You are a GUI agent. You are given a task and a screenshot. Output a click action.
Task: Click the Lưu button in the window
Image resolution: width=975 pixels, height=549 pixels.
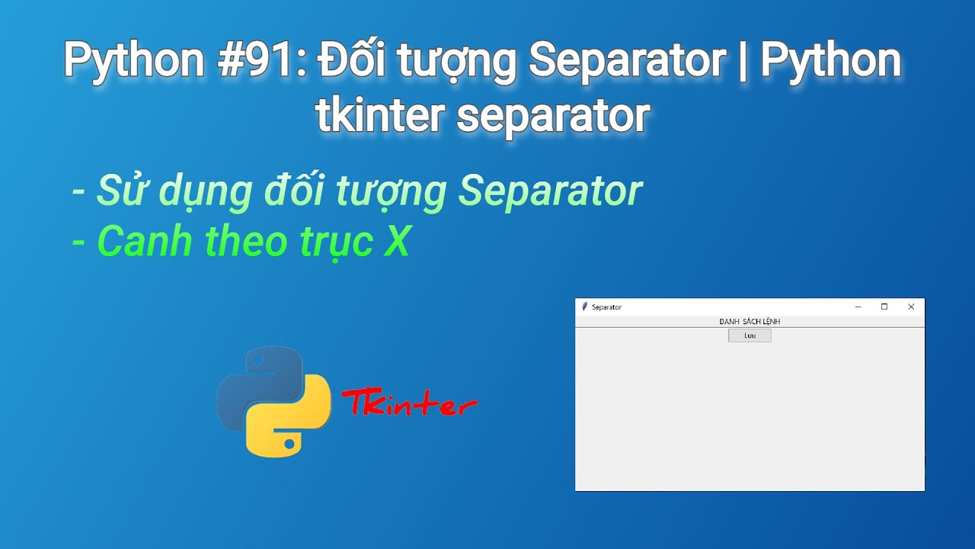pyautogui.click(x=750, y=335)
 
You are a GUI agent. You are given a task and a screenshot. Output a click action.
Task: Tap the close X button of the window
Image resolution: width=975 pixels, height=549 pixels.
pyautogui.click(x=911, y=307)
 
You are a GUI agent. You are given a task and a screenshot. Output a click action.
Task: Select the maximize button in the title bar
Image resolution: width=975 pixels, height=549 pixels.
pyautogui.click(x=884, y=307)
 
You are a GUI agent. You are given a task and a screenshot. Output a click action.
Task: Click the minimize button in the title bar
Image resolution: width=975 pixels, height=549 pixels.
pyautogui.click(x=858, y=307)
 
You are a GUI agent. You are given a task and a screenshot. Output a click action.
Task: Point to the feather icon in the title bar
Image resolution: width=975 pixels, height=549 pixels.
pyautogui.click(x=584, y=307)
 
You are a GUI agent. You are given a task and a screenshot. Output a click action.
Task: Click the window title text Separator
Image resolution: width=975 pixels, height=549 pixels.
pyautogui.click(x=606, y=307)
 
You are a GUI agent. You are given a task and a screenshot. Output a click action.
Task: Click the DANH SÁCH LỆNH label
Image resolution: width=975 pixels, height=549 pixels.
pyautogui.click(x=750, y=322)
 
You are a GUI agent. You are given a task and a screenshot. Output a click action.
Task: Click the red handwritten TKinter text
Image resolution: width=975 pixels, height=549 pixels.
pyautogui.click(x=409, y=403)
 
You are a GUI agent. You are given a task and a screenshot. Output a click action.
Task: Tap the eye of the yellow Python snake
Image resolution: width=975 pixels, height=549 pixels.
pyautogui.click(x=289, y=445)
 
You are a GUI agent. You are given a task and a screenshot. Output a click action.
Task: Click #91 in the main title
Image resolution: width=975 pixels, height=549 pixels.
pyautogui.click(x=255, y=59)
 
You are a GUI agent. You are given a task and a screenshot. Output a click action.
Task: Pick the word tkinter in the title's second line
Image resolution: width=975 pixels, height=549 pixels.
pyautogui.click(x=380, y=114)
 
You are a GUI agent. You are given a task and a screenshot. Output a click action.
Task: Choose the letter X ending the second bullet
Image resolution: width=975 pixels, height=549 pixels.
pyautogui.click(x=395, y=241)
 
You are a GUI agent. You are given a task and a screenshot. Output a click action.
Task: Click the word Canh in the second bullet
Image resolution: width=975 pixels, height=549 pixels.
pyautogui.click(x=145, y=241)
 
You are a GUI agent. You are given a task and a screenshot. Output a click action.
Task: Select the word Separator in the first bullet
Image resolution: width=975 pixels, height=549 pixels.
pyautogui.click(x=550, y=191)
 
